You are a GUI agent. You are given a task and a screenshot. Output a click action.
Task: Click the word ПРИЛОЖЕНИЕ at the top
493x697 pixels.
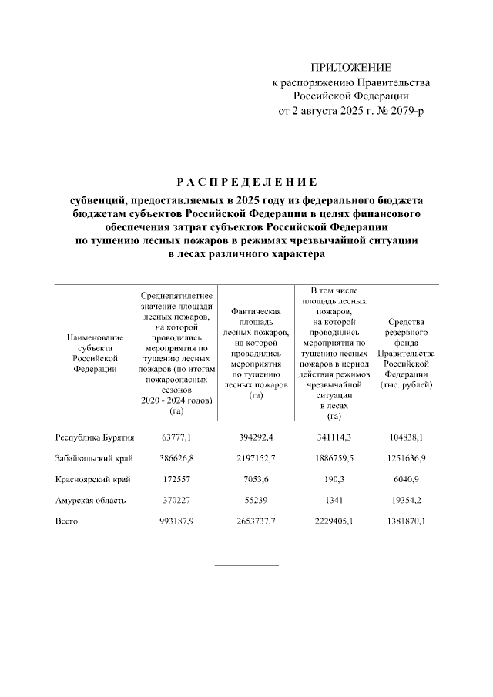pyautogui.click(x=350, y=68)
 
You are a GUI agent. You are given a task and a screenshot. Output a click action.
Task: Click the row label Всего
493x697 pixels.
pyautogui.click(x=66, y=521)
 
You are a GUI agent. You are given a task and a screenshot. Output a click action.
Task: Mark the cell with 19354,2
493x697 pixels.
pyautogui.click(x=409, y=500)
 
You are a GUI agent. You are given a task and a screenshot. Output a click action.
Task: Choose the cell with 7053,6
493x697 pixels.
pyautogui.click(x=256, y=479)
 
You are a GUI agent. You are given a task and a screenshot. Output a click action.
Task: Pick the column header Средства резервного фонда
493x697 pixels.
pyautogui.click(x=409, y=353)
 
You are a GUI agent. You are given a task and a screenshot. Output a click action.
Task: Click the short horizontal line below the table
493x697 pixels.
pyautogui.click(x=246, y=565)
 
